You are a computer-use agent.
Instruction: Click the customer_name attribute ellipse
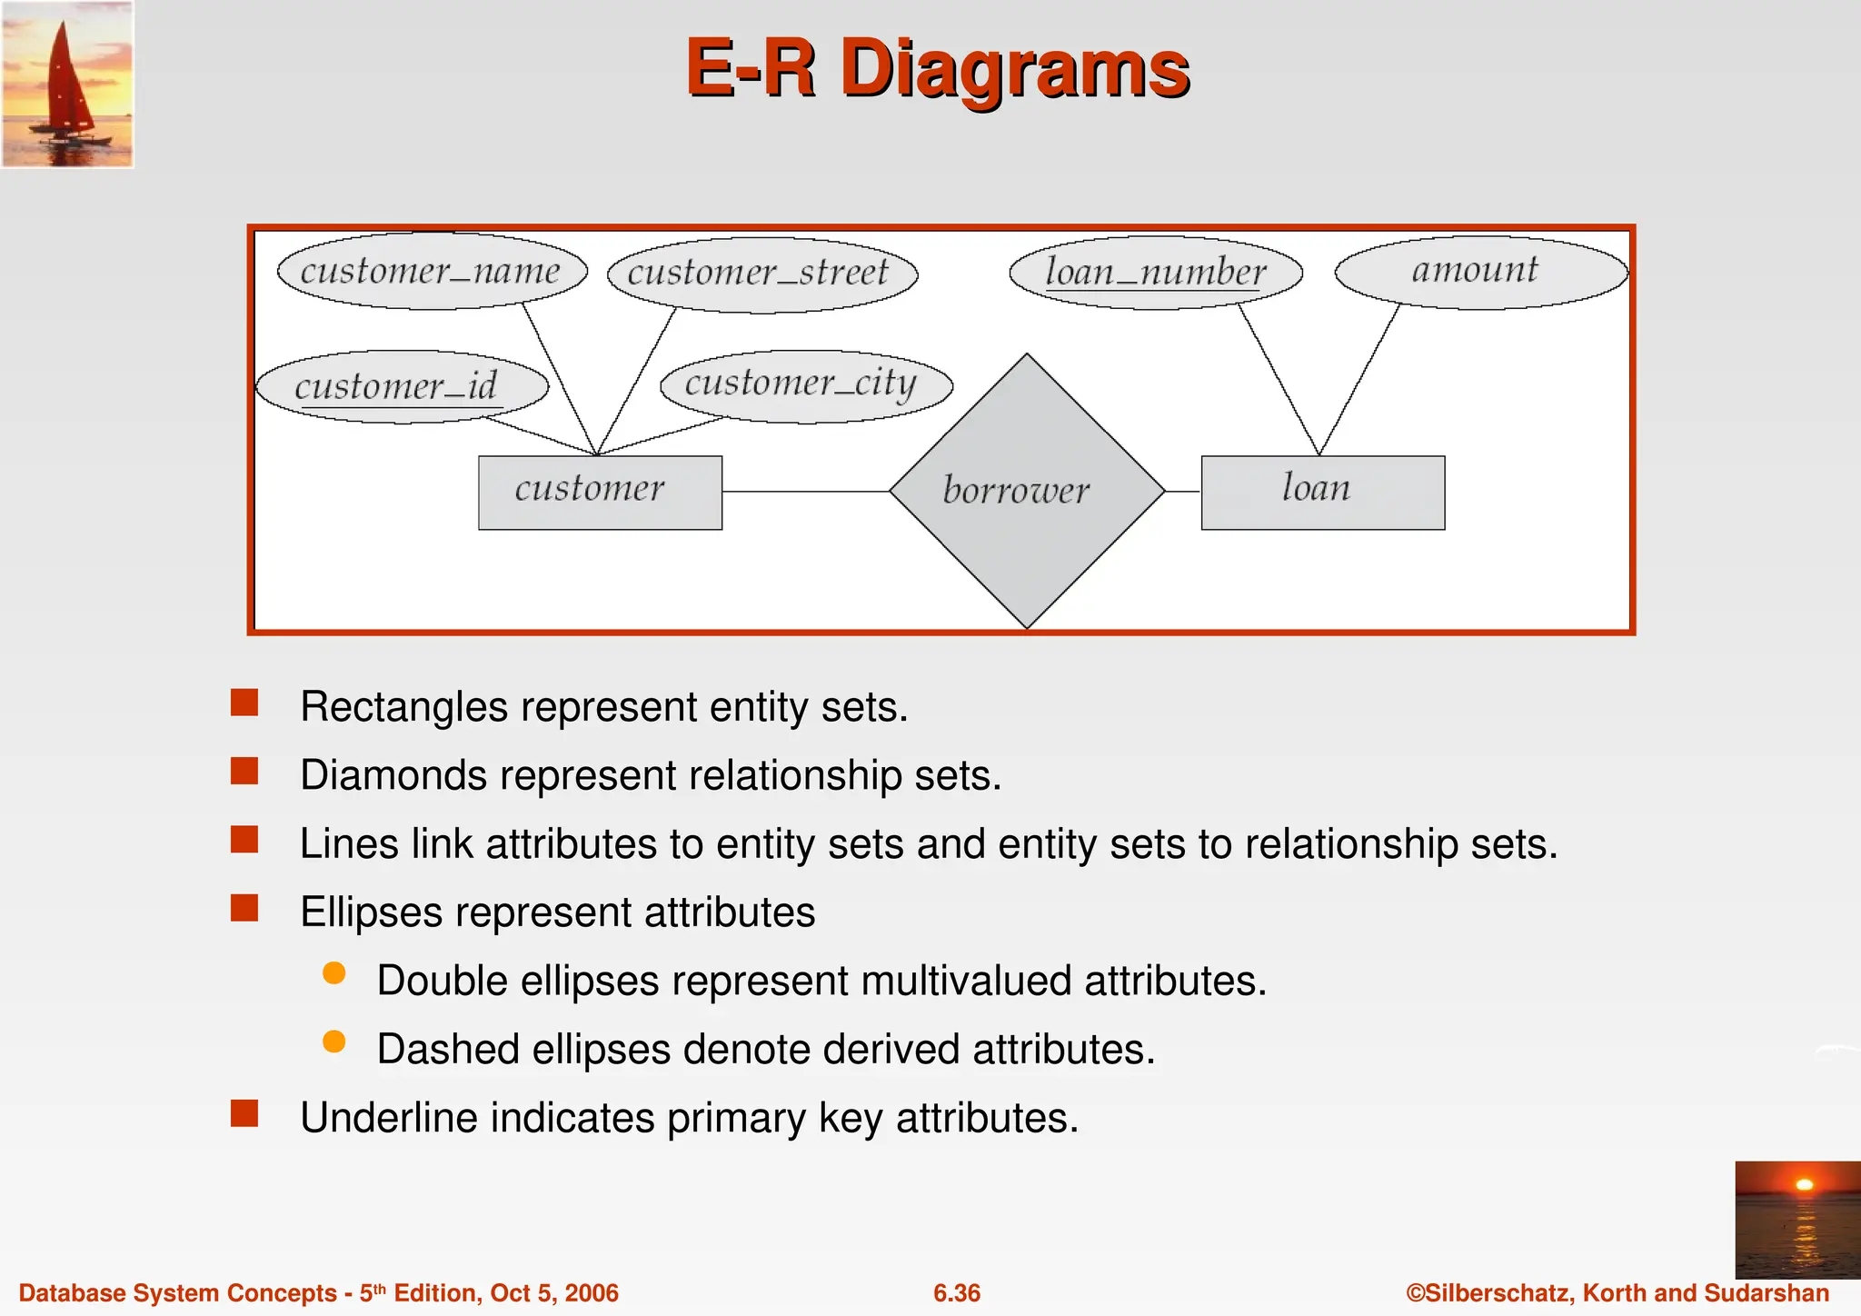coord(432,271)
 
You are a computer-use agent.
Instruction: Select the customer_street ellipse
coord(761,274)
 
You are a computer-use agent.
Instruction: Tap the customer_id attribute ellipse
coord(402,386)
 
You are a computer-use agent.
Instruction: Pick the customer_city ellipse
coord(806,385)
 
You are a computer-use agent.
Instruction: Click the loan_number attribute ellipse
coord(1156,272)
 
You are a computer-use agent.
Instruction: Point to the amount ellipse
coord(1480,271)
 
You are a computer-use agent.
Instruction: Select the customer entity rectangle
coord(600,492)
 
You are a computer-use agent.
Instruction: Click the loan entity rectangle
coord(1322,492)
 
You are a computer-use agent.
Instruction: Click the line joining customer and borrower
coord(805,492)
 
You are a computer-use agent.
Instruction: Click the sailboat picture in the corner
coord(67,84)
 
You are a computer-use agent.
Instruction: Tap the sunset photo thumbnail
coord(1796,1219)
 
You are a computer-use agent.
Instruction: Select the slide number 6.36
coord(957,1292)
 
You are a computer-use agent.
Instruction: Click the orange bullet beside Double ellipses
coord(334,973)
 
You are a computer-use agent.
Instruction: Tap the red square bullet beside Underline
coord(244,1113)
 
